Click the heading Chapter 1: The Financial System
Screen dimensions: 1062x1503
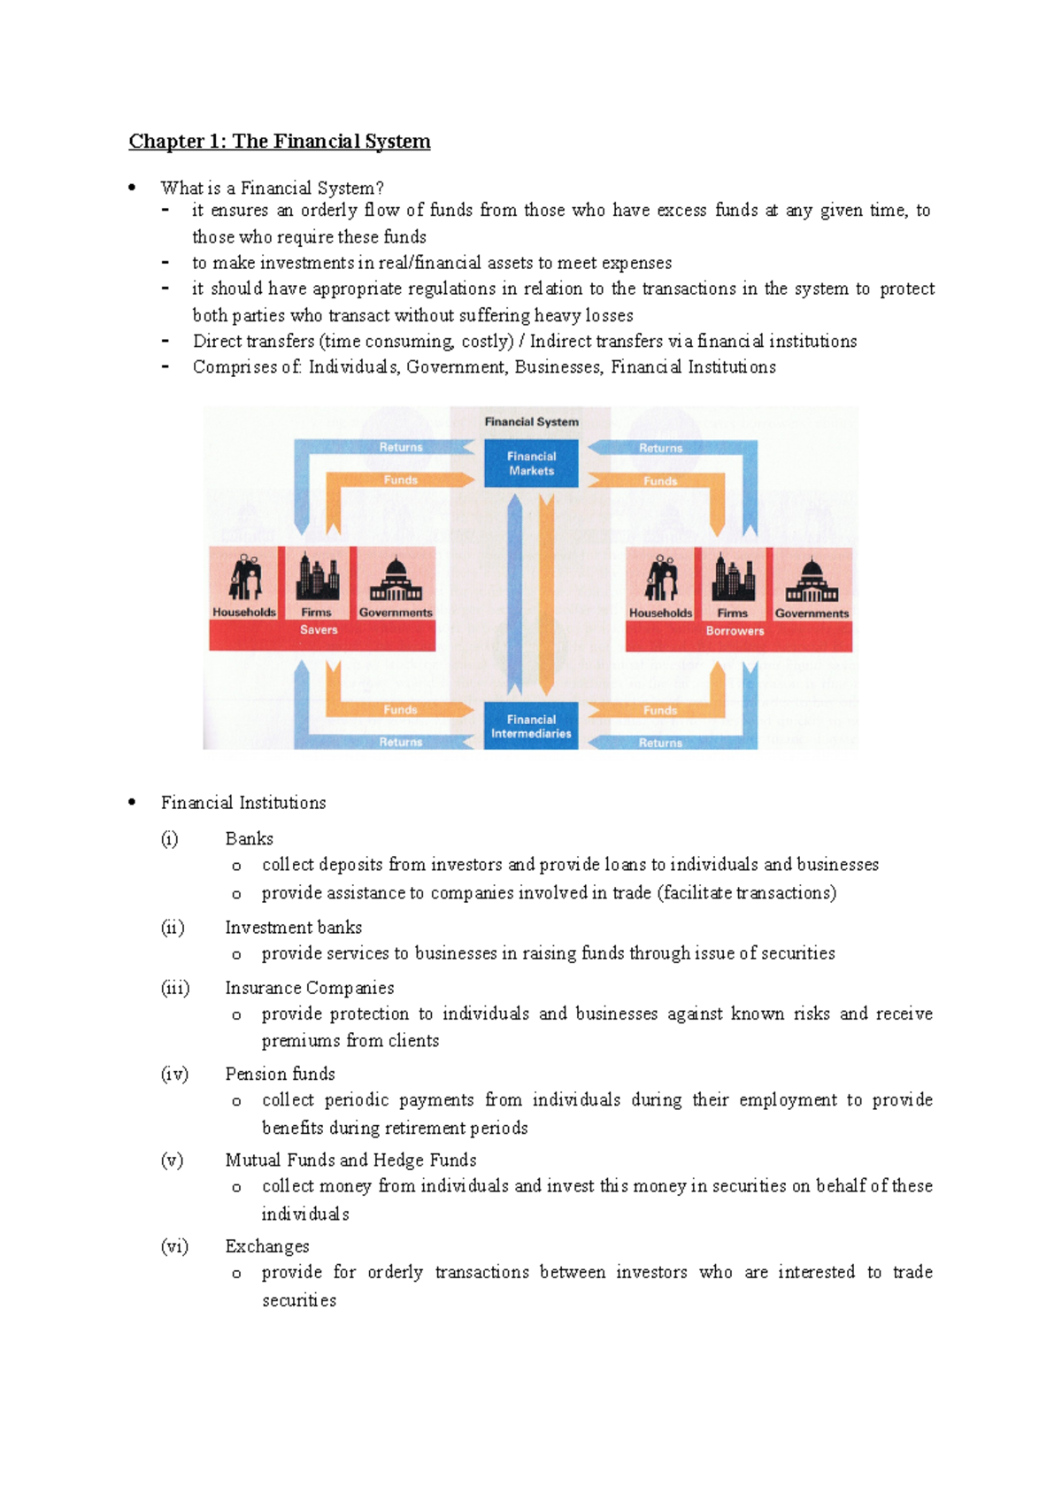[280, 142]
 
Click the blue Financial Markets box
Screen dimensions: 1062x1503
[531, 463]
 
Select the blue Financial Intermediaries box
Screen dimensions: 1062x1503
[531, 726]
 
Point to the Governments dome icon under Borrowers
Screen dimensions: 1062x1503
[812, 580]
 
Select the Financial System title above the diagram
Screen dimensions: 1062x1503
[531, 422]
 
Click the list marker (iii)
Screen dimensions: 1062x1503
[175, 988]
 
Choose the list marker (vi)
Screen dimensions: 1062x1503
[174, 1246]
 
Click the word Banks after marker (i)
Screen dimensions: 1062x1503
[249, 838]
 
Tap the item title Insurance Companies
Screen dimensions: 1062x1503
[309, 988]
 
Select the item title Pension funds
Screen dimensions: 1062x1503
[280, 1074]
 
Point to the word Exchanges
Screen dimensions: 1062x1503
[267, 1246]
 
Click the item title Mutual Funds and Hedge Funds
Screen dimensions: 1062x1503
[350, 1160]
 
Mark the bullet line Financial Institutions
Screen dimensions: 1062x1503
[243, 803]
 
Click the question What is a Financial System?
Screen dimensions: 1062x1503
[272, 188]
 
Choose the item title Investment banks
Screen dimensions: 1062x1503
[293, 928]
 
